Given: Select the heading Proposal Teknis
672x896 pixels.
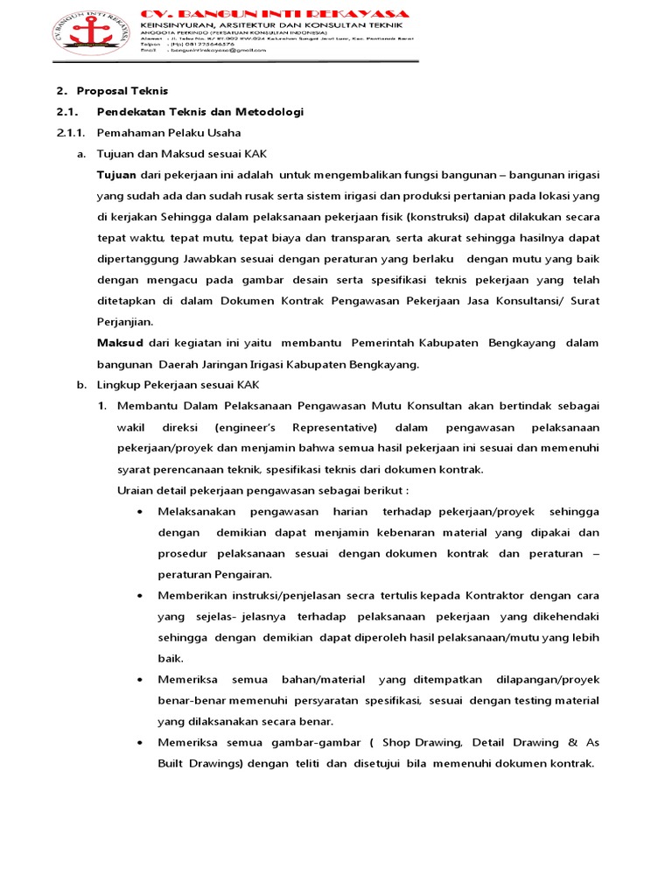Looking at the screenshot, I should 122,91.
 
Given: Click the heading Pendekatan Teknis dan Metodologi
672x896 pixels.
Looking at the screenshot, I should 200,112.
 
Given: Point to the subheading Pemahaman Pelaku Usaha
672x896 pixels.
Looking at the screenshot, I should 168,133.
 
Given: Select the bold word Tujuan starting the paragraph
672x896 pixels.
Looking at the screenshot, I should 116,175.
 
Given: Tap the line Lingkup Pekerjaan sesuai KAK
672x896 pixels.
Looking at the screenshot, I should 178,385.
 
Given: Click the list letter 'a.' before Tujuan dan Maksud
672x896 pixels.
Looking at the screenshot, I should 81,154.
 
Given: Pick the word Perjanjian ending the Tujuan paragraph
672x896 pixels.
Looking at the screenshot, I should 124,322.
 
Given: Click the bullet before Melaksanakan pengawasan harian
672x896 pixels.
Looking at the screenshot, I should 141,511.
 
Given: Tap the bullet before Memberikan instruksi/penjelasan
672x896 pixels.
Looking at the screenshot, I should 141,595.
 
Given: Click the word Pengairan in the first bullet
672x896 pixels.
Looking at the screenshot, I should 241,574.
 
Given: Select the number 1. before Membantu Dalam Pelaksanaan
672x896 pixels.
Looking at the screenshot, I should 101,406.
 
